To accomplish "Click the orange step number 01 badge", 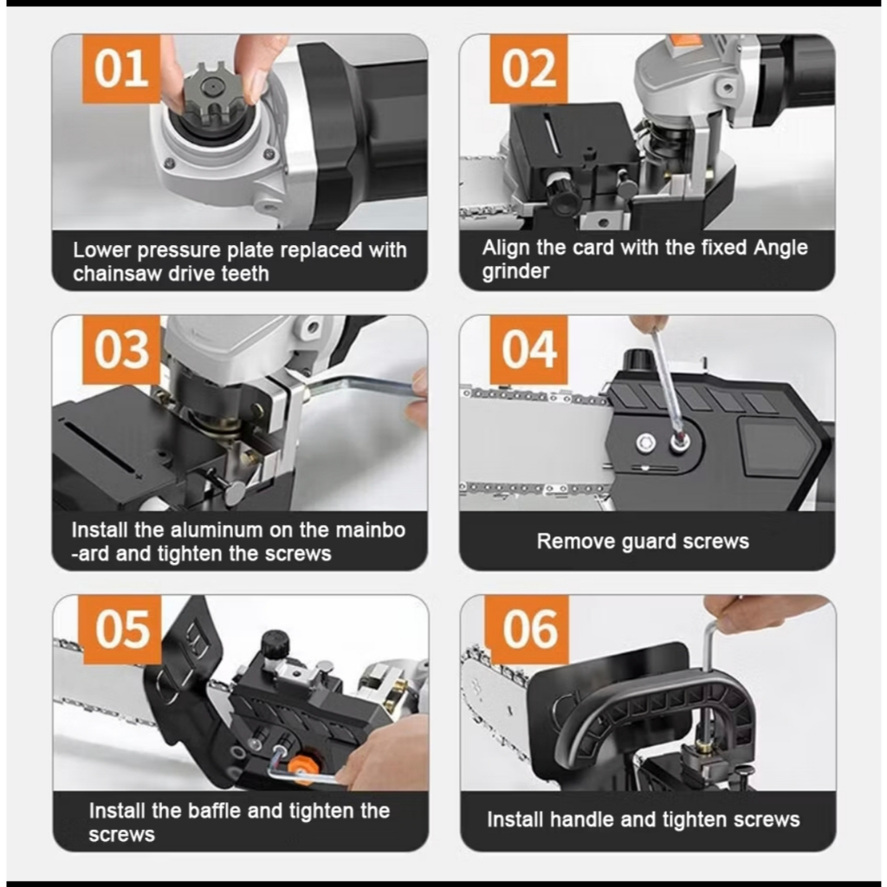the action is point(121,69).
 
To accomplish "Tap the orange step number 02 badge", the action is point(528,69).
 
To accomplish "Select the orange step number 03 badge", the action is point(121,350).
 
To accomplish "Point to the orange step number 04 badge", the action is point(528,350).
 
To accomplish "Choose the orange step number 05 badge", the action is point(122,629).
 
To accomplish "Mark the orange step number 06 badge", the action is point(529,629).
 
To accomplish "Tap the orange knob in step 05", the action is point(301,767).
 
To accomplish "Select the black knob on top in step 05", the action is point(275,644).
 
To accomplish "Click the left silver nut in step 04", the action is point(644,443).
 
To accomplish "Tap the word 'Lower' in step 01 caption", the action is point(102,250).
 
